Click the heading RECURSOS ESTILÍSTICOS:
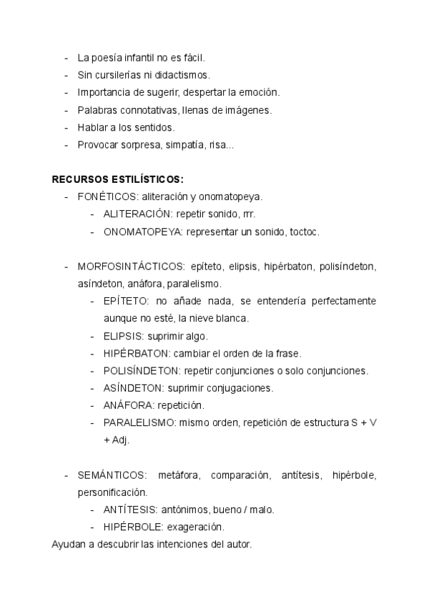117,179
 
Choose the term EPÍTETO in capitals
126,301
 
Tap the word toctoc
303,232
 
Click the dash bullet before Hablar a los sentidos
66,127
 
